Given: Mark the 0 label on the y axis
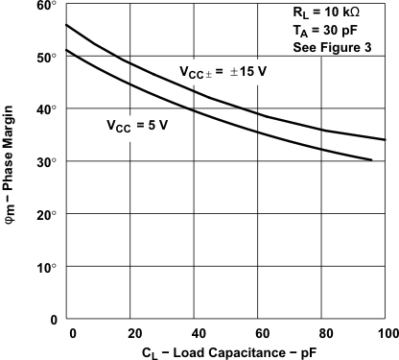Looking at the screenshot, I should point(53,320).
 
